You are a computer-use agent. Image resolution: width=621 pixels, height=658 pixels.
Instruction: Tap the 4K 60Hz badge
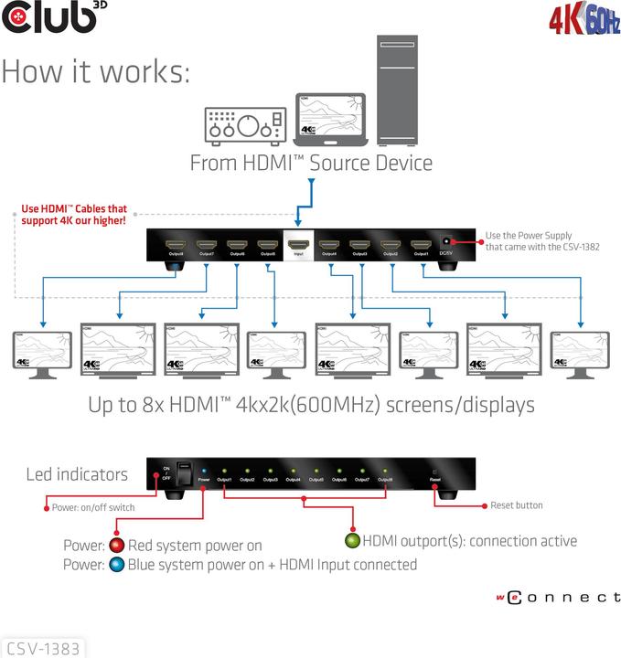[584, 19]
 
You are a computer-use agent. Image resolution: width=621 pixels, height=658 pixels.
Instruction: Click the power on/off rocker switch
[183, 472]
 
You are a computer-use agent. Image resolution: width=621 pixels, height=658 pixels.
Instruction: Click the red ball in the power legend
[117, 547]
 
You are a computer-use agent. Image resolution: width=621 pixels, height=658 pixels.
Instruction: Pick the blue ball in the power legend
[117, 565]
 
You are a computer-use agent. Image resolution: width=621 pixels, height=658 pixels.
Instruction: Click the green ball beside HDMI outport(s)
[352, 540]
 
